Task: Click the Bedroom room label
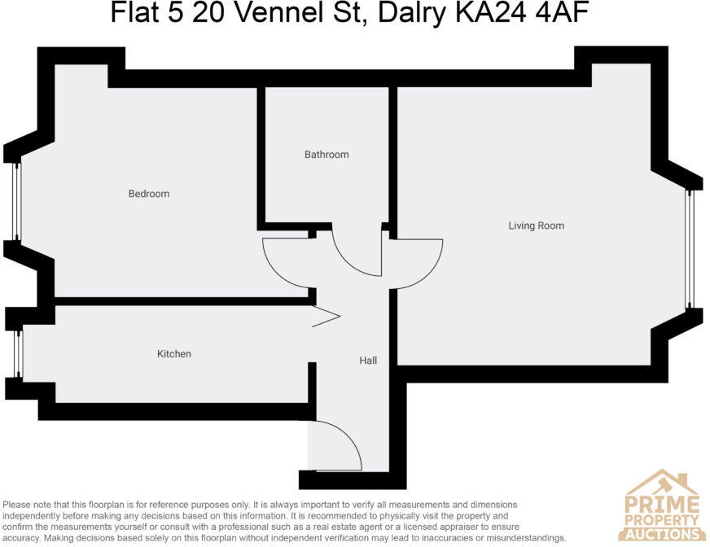[x=149, y=194]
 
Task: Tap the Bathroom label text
[x=327, y=155]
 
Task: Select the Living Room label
[x=536, y=225]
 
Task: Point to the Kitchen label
[x=174, y=354]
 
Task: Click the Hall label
[x=368, y=360]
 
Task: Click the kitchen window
[x=19, y=353]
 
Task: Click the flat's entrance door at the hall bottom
[x=335, y=445]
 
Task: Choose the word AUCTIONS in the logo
[x=662, y=534]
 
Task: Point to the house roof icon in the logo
[x=661, y=481]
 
